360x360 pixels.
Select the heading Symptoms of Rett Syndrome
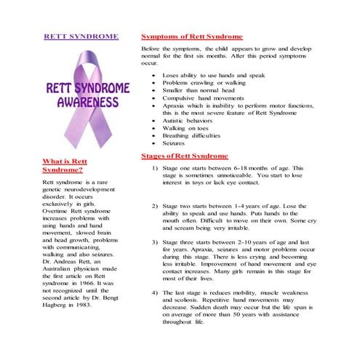pyautogui.click(x=191, y=36)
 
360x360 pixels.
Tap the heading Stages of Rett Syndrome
pyautogui.click(x=184, y=156)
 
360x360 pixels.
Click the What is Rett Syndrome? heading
pyautogui.click(x=65, y=164)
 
